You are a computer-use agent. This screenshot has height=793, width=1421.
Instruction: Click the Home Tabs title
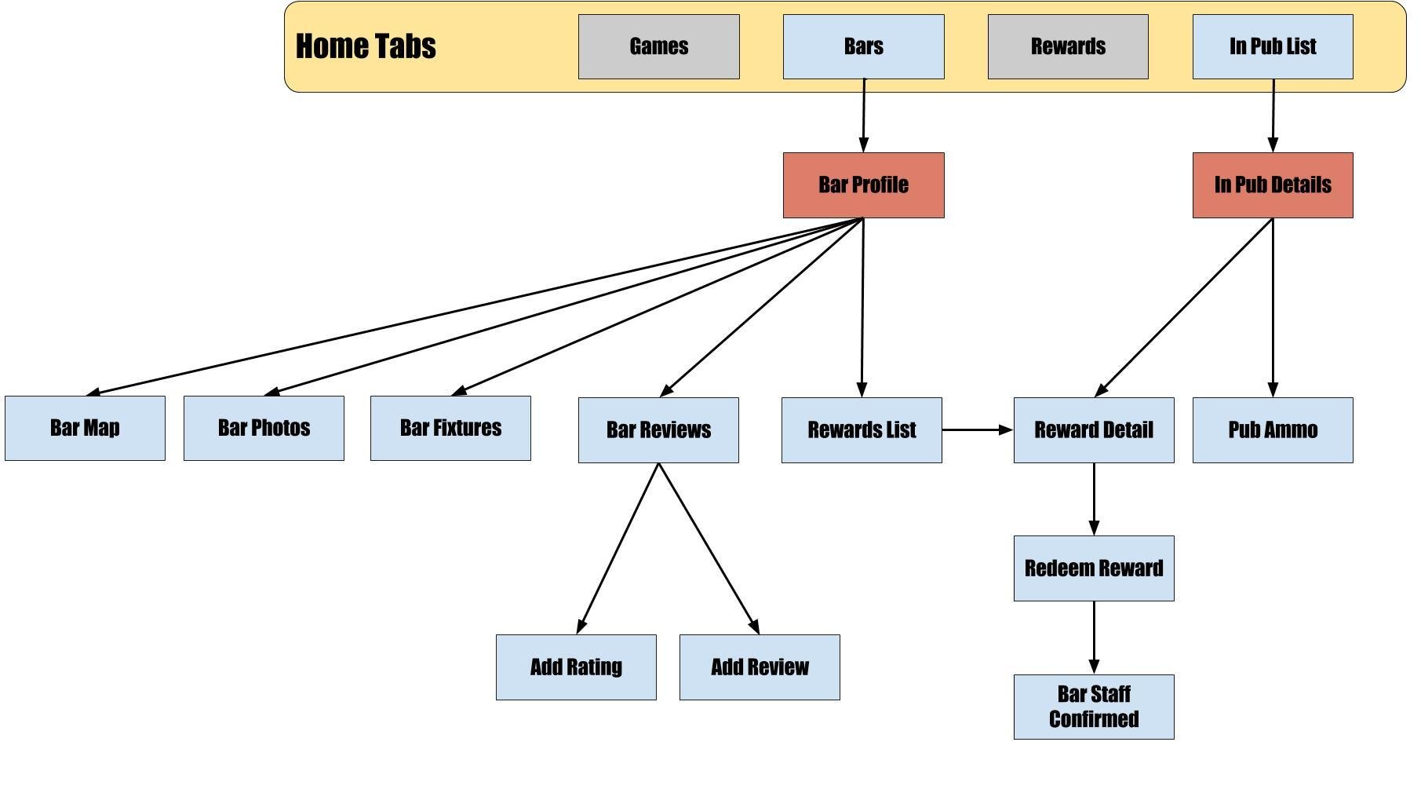click(366, 46)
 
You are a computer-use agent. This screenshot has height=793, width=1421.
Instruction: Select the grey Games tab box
click(659, 46)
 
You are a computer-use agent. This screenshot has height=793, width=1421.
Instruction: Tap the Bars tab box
click(864, 46)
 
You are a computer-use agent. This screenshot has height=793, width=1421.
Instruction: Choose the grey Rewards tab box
click(1068, 46)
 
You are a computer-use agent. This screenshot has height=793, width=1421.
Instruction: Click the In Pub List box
click(1273, 46)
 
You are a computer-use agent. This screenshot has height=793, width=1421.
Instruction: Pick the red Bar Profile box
click(864, 185)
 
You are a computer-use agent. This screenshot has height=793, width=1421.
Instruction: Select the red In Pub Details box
click(1273, 185)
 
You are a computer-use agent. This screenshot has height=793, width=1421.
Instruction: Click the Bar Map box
click(85, 428)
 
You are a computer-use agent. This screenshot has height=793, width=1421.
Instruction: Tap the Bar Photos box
click(264, 428)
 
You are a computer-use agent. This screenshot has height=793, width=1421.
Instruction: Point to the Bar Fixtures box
click(450, 428)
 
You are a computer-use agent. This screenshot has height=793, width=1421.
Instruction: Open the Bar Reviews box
click(658, 430)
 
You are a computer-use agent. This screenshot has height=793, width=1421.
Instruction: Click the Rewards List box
click(862, 430)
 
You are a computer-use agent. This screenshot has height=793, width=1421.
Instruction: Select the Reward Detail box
click(1094, 430)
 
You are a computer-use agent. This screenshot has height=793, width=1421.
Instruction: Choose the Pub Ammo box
click(1273, 430)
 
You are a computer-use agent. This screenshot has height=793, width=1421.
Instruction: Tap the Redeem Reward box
click(1094, 568)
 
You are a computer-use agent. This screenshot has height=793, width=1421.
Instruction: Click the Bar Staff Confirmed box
click(1094, 707)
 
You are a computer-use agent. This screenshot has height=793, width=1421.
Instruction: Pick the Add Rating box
click(576, 667)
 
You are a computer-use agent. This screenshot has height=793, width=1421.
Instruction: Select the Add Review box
click(760, 667)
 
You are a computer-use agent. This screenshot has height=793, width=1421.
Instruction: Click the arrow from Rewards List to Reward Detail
click(978, 430)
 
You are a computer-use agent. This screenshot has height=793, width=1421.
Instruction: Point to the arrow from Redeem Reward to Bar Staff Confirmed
click(1094, 638)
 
